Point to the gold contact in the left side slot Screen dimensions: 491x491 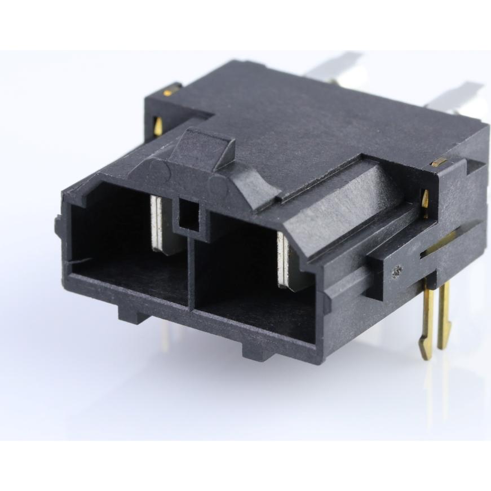[x=158, y=126]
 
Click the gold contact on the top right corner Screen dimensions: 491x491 [x=439, y=162]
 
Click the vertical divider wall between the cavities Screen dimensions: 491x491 [x=192, y=271]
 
